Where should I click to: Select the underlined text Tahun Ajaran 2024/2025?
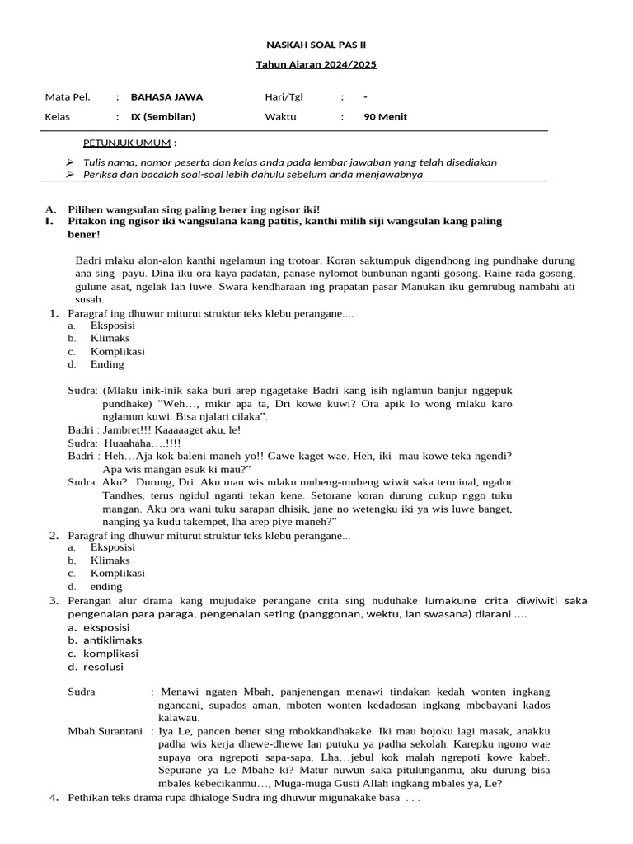(316, 65)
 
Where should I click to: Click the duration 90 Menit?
(385, 116)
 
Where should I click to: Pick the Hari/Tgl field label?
(284, 96)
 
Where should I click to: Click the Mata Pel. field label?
(67, 96)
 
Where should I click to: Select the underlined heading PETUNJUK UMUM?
(127, 143)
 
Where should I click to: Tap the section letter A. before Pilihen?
(50, 210)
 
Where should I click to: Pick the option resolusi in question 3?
(104, 667)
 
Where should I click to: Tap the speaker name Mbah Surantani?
(105, 730)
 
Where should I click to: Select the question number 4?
(54, 798)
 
